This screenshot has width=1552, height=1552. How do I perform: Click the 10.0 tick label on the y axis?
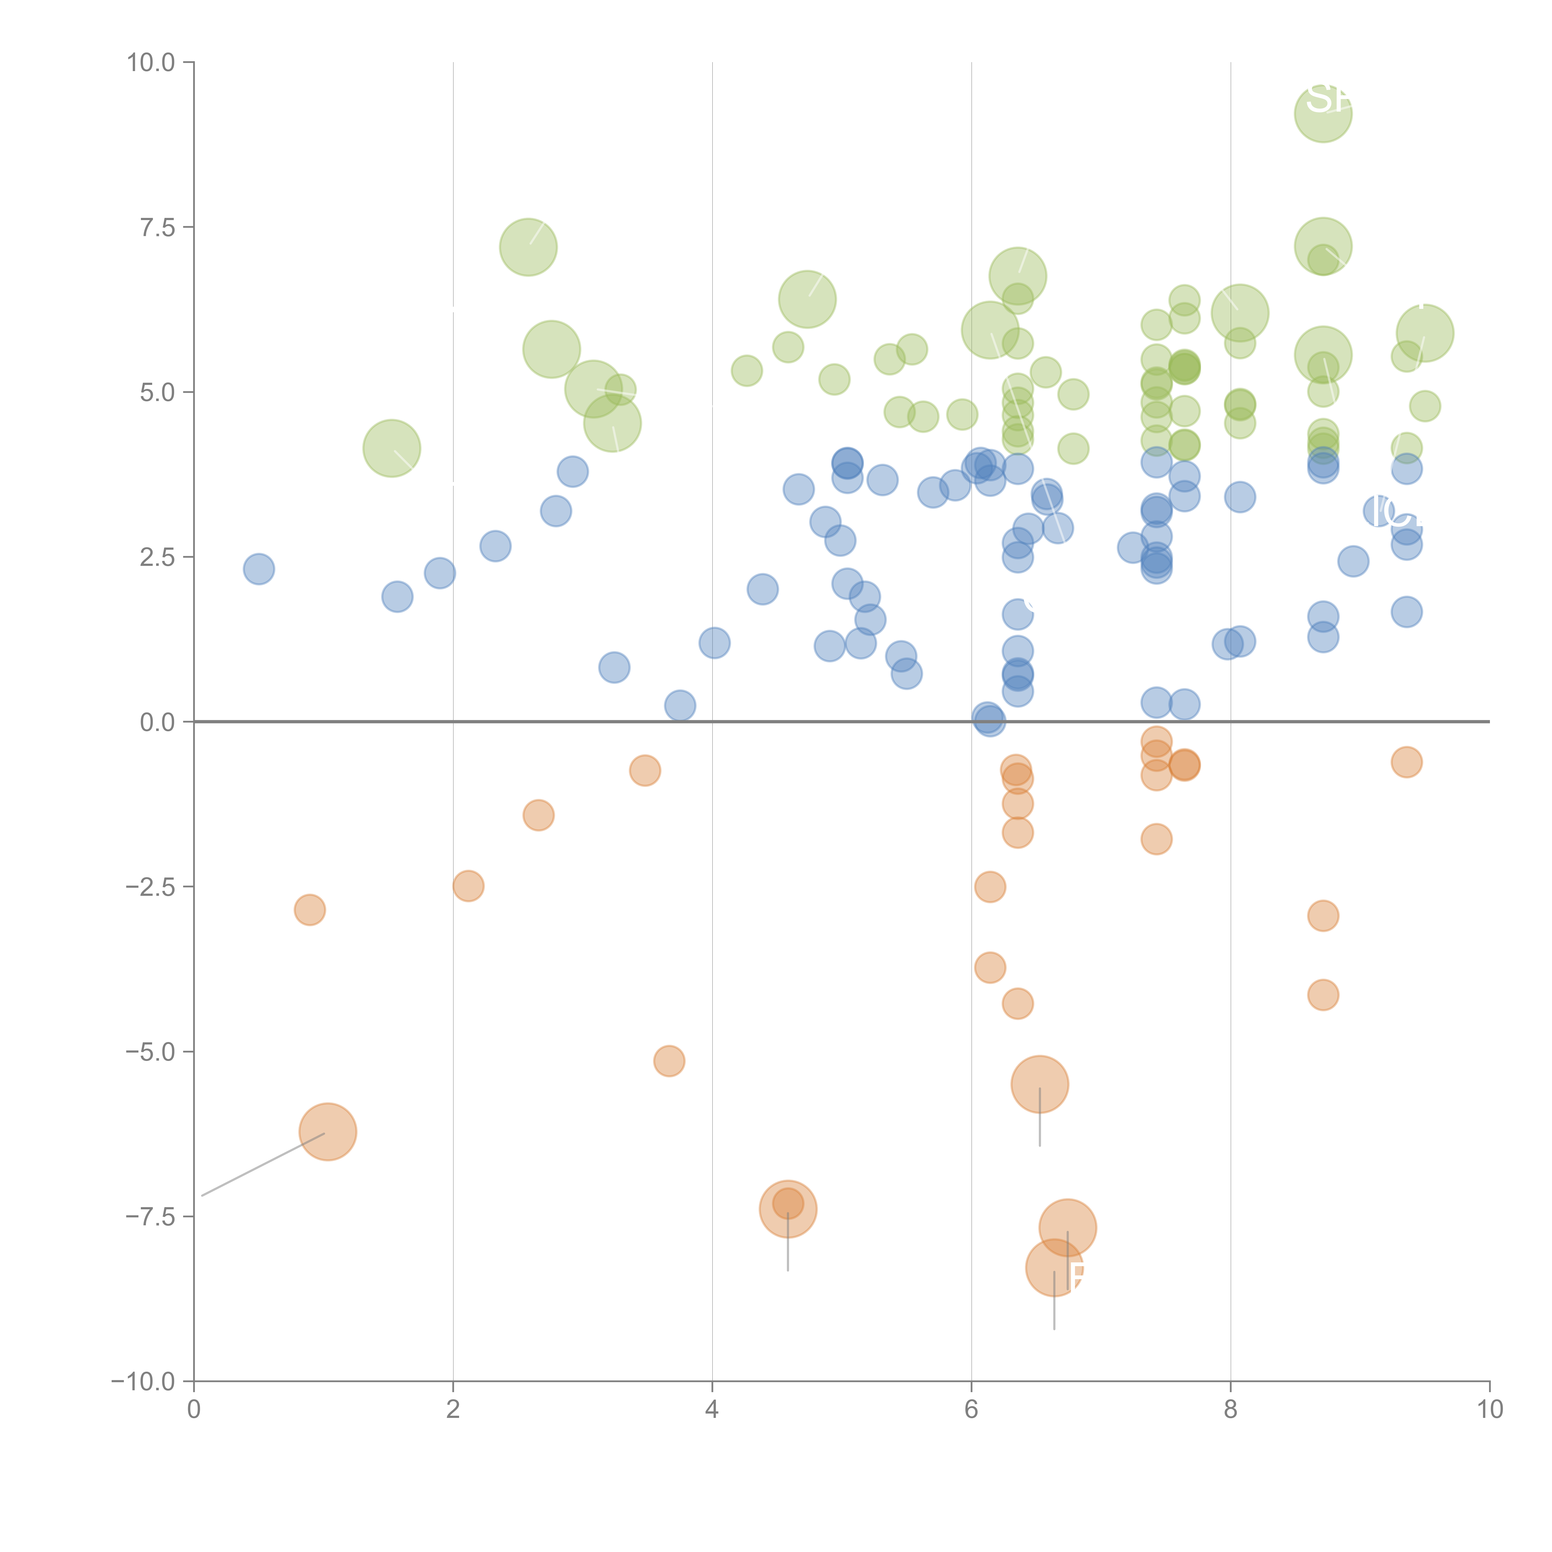(151, 63)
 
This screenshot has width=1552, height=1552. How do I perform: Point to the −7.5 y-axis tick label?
(151, 1216)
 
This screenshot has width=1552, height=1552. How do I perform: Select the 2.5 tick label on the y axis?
(157, 557)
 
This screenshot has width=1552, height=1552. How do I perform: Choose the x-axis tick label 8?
(1231, 1410)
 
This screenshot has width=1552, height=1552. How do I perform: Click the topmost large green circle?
(1323, 114)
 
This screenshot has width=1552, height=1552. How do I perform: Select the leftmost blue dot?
(259, 569)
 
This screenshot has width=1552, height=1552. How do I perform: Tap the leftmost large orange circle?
(328, 1132)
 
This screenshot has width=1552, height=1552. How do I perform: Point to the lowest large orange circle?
(1054, 1268)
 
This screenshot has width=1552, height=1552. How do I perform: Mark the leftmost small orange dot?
(309, 910)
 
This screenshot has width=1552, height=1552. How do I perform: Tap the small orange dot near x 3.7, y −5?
(669, 1061)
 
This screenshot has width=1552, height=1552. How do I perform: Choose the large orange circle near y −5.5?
(1040, 1085)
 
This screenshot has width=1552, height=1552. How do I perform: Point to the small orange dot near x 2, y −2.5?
(468, 886)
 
